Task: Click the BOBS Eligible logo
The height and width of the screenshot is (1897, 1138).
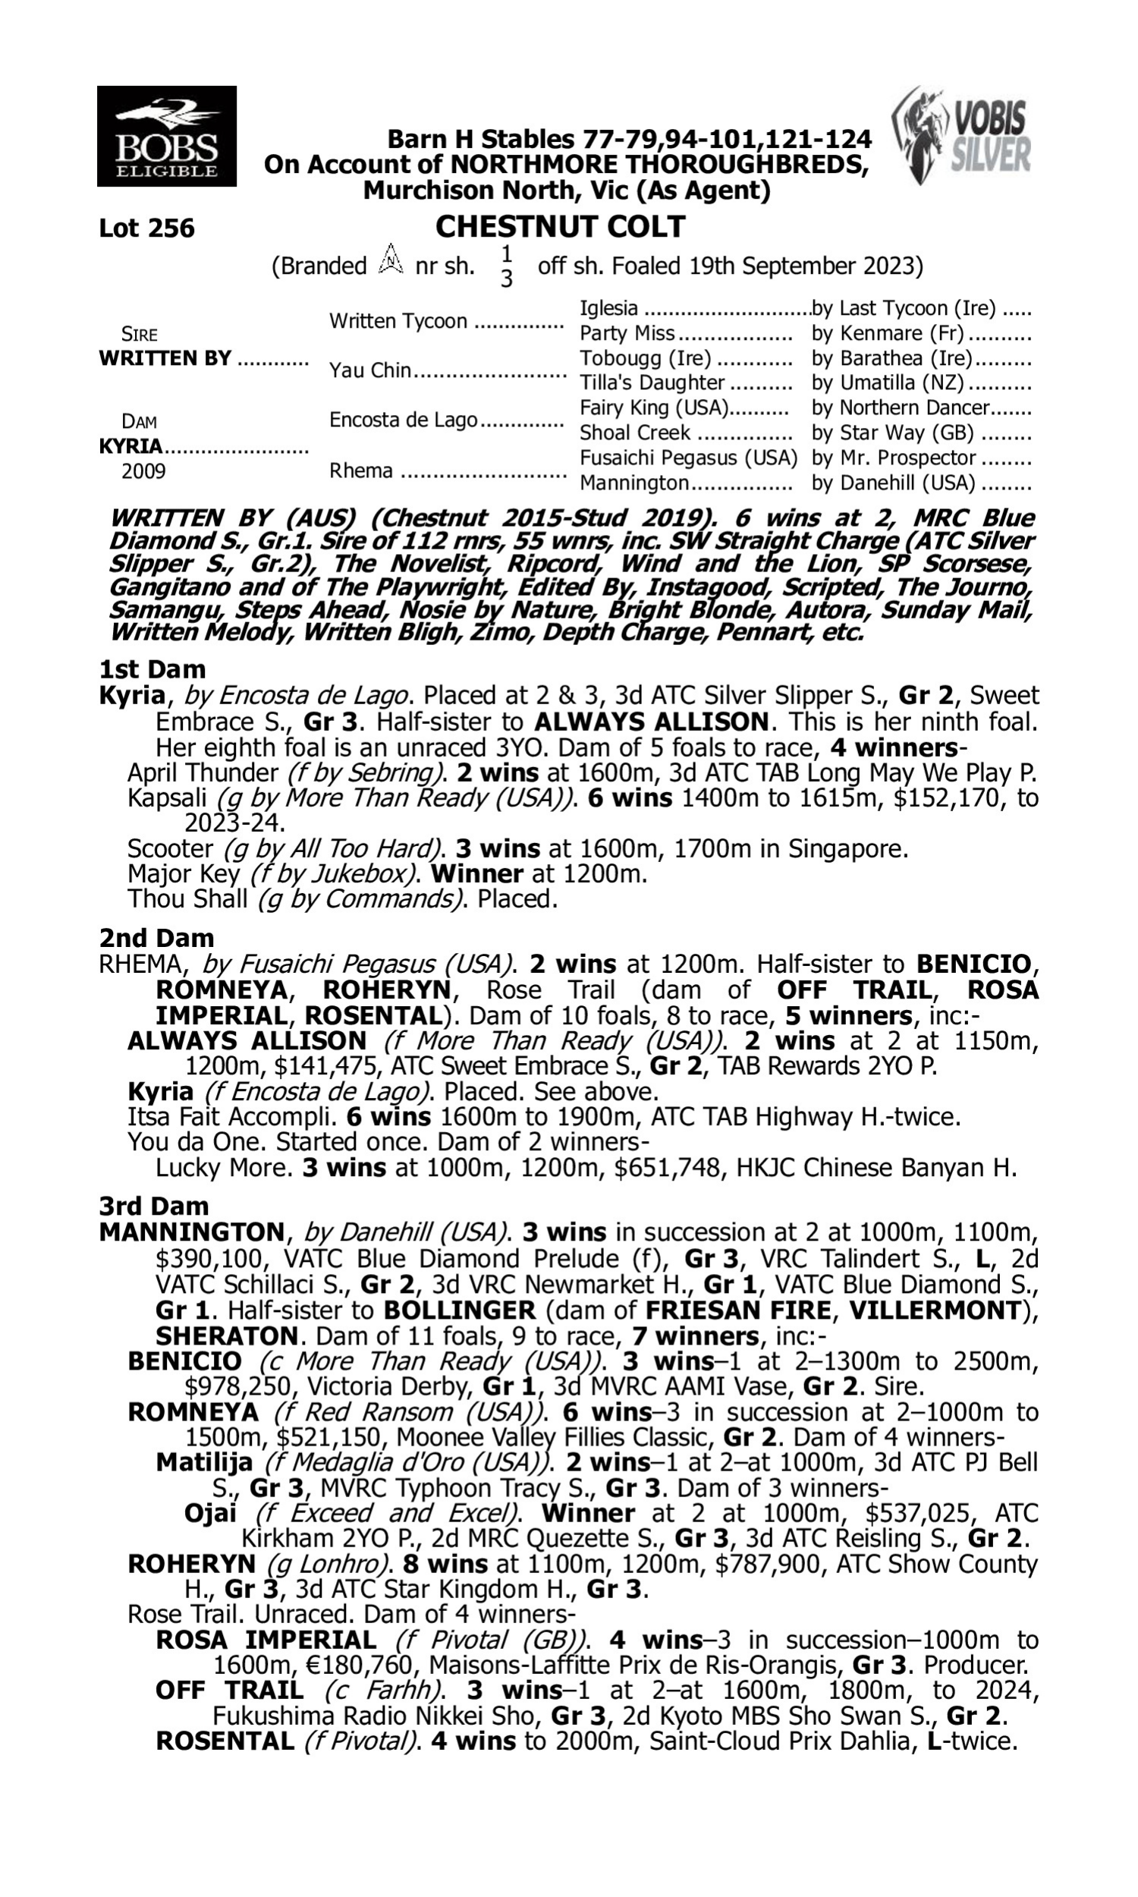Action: coord(166,137)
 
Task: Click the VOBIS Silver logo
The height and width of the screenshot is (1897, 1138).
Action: coord(961,136)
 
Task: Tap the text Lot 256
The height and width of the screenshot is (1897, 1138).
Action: coord(146,228)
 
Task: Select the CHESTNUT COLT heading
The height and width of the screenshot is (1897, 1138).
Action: coord(560,227)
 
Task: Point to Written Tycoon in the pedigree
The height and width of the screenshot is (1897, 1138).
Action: coord(398,321)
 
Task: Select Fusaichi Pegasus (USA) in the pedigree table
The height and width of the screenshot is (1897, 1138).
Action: coord(688,458)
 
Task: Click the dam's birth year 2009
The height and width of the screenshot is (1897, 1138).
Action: coord(143,470)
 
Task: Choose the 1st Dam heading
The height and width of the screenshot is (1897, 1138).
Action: coord(152,669)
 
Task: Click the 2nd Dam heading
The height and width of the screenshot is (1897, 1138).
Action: coord(156,938)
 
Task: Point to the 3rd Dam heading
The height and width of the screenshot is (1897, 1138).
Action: coord(154,1206)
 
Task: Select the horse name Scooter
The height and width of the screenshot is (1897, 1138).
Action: coord(169,849)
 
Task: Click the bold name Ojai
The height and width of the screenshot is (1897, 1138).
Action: coord(210,1513)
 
